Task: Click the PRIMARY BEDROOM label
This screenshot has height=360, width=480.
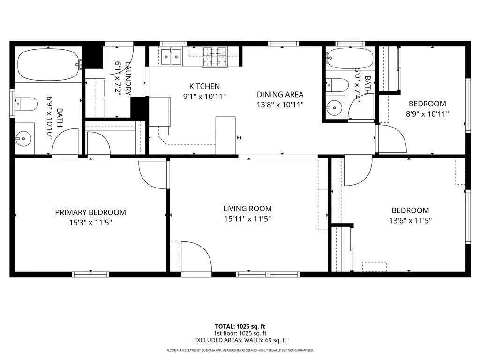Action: (x=90, y=212)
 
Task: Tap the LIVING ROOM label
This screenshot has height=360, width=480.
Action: (x=247, y=209)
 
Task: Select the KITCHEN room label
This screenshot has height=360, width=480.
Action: (x=204, y=86)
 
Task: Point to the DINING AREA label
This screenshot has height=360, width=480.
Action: (x=280, y=94)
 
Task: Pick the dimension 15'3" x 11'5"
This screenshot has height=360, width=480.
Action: (x=90, y=222)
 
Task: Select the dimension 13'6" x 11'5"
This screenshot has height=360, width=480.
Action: (x=410, y=220)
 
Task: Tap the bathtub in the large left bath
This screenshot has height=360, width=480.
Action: (x=48, y=65)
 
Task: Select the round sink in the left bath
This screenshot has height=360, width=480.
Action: (x=23, y=138)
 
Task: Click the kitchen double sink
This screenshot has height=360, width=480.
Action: (x=172, y=57)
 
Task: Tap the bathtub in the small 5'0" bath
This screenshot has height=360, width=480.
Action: (x=350, y=59)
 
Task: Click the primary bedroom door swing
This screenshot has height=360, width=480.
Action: (x=154, y=174)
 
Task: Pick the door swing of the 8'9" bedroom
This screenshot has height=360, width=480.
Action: (x=391, y=138)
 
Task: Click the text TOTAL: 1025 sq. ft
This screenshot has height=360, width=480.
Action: (x=240, y=326)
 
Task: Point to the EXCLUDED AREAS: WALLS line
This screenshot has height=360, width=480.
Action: (x=240, y=340)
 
